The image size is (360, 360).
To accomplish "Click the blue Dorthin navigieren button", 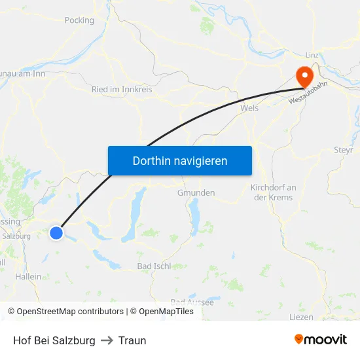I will click(x=180, y=160).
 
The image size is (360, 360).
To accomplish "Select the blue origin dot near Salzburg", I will click(x=56, y=232).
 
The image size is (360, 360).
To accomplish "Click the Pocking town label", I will click(x=79, y=20).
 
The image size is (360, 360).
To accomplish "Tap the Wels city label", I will click(x=249, y=108).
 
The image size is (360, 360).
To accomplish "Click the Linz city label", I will click(x=312, y=56).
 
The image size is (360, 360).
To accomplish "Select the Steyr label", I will click(x=344, y=150).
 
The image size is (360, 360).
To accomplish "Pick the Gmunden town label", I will click(x=196, y=193).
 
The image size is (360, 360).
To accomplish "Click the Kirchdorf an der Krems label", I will click(x=274, y=192).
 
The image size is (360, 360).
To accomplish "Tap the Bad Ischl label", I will click(x=154, y=266).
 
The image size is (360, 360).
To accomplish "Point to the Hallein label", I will click(x=28, y=277).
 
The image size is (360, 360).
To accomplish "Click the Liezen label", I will click(x=301, y=317).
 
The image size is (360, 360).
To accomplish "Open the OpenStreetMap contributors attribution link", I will click(x=65, y=312).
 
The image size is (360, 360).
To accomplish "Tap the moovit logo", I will click(x=321, y=340).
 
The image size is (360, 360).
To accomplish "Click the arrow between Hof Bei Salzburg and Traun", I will click(x=107, y=340).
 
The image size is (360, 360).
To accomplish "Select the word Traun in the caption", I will click(x=132, y=340).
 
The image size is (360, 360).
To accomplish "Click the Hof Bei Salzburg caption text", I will click(x=54, y=340).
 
